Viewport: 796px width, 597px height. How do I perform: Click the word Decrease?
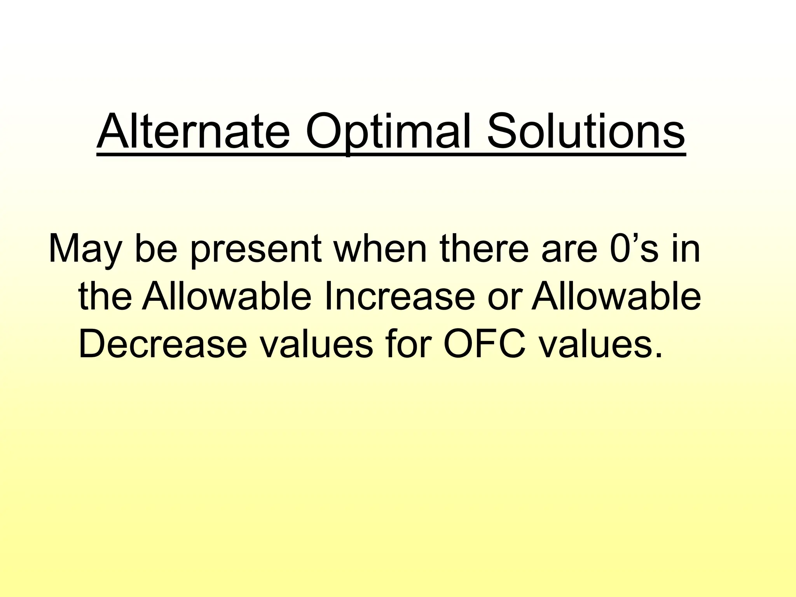point(163,344)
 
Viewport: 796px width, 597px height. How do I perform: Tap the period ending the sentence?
point(658,354)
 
